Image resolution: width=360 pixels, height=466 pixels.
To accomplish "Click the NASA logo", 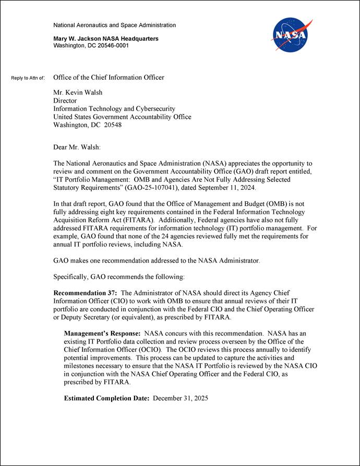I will click(x=291, y=35).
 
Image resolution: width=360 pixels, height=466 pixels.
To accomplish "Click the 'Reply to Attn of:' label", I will click(x=28, y=78).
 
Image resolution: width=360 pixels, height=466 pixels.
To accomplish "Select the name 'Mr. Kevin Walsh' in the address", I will click(x=78, y=93).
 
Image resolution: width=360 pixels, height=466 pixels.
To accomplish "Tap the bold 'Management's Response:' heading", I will click(x=102, y=333).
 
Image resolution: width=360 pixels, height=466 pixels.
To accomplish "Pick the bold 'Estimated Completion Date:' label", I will click(x=106, y=399).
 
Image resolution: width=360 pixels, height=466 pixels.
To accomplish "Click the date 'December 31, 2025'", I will click(x=181, y=399).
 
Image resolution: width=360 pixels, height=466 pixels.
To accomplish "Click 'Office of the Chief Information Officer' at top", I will click(x=109, y=78).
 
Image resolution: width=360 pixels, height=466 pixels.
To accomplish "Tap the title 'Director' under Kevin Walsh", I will click(x=65, y=101).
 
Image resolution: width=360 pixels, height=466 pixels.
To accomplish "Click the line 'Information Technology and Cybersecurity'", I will click(x=114, y=109).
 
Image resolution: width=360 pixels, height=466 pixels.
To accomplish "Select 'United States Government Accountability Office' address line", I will click(x=122, y=117).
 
